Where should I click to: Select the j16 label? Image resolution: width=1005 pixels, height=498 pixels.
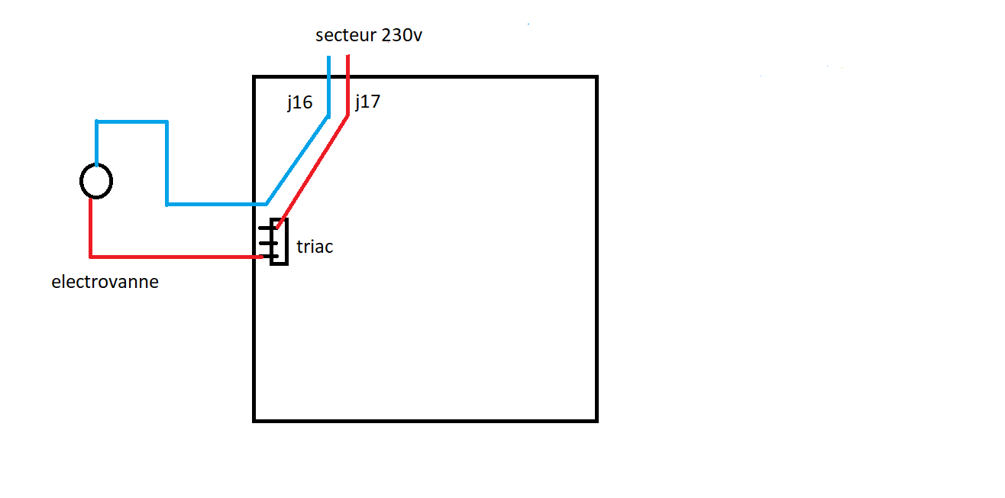coord(299,102)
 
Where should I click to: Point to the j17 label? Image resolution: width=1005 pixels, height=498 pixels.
coord(367,102)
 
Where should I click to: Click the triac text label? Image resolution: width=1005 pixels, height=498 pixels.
coord(315,247)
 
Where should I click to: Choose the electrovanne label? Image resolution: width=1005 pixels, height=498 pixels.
coord(105,282)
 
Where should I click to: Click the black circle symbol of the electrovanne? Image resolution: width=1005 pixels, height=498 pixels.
coord(96,181)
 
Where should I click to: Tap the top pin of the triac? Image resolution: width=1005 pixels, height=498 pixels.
coord(264,228)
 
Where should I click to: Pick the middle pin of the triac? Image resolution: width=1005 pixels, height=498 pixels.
coord(264,243)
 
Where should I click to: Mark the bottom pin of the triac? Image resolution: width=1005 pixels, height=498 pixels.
coord(264,257)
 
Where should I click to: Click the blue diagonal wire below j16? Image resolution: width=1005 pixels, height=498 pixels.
coord(298,160)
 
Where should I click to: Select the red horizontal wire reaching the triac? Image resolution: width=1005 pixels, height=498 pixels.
coord(176,256)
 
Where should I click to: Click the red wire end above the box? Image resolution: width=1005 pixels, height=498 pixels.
coord(347,64)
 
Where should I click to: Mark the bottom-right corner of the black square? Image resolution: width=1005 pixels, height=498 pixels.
coord(596,419)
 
